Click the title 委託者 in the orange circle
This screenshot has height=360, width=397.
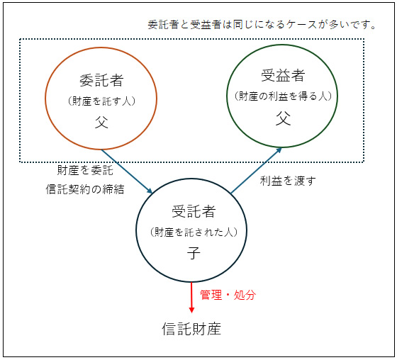pos(101,81)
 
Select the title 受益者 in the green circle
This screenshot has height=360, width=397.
pos(283,75)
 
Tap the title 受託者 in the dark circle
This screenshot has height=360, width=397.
pos(194,211)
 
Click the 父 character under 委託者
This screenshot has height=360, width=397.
pos(101,122)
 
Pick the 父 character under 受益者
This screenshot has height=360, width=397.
pos(283,118)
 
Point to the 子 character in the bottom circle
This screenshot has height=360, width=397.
pos(194,253)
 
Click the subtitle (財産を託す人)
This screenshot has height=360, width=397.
pos(101,101)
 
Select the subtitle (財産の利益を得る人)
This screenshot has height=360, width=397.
pos(283,96)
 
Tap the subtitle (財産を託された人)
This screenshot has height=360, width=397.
pos(194,232)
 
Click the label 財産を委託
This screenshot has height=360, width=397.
pos(85,170)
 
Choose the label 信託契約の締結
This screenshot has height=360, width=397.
pos(85,189)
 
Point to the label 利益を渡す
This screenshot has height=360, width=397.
pos(288,181)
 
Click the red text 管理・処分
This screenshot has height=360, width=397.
pos(228,295)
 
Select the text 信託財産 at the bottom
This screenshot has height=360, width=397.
pos(191,329)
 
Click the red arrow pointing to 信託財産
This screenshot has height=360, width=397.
pos(191,298)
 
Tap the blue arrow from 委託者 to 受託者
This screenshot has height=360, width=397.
pos(127,171)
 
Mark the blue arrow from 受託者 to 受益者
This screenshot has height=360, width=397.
pos(256,170)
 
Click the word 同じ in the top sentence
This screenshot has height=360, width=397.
pos(244,25)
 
